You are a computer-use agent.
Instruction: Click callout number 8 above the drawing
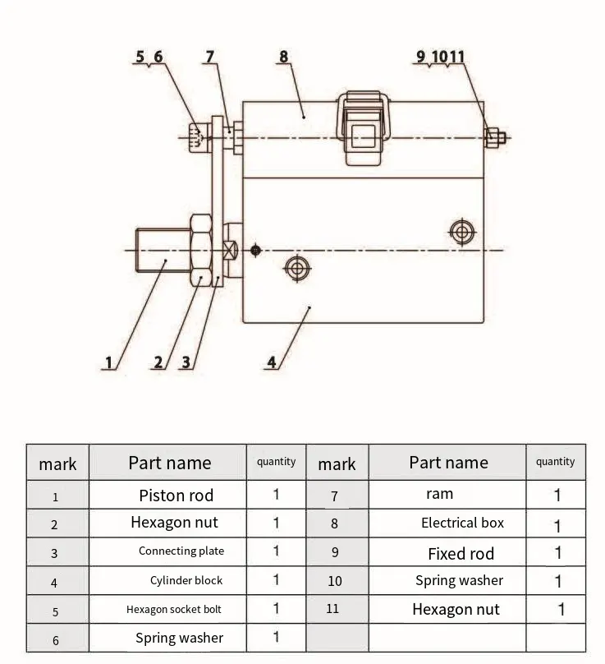tap(284, 57)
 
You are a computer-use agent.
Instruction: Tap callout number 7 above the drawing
tap(210, 57)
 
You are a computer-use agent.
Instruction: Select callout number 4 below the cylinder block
tap(272, 362)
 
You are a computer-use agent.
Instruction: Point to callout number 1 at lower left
tap(108, 362)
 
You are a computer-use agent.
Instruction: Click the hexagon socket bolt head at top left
tap(195, 137)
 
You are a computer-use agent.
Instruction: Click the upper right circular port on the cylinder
tap(462, 233)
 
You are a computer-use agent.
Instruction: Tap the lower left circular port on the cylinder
tap(296, 266)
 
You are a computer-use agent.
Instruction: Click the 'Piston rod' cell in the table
tap(176, 495)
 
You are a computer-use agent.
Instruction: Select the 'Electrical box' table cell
tap(462, 523)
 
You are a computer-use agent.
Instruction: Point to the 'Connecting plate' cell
tap(181, 551)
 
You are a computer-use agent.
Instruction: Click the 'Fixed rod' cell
tap(461, 553)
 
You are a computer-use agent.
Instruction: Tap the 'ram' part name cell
tap(439, 494)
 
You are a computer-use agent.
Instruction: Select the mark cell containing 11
tap(332, 609)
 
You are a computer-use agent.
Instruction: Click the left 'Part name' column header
tap(169, 463)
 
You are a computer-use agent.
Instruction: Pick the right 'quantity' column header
tap(555, 462)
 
